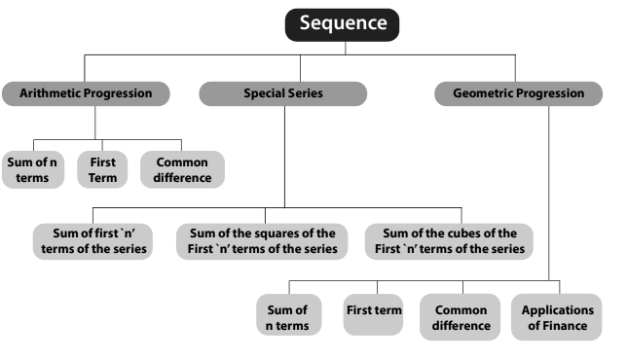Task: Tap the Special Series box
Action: [282, 94]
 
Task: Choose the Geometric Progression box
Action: [518, 94]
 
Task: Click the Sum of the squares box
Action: [261, 240]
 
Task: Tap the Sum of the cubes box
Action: [450, 240]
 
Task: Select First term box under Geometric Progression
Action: [374, 311]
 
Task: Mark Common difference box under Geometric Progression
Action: [461, 317]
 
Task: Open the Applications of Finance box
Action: [557, 317]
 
